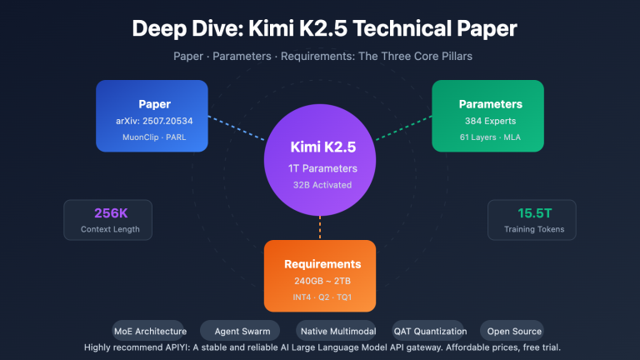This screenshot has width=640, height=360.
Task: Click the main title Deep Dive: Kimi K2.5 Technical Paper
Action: pos(324,28)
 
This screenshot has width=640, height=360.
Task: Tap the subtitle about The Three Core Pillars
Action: pos(324,57)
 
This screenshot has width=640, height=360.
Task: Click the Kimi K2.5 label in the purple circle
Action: pos(322,147)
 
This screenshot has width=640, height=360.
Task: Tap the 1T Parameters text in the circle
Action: pos(322,168)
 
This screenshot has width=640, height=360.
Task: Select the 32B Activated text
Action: pos(322,185)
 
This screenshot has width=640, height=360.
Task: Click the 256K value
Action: pos(108,212)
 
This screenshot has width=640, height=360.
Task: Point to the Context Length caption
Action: pos(108,229)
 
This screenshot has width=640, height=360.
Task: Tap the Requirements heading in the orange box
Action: pos(321,263)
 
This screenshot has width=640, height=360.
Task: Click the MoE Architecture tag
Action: pos(150,331)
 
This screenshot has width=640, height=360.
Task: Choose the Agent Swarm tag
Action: pos(237,331)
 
